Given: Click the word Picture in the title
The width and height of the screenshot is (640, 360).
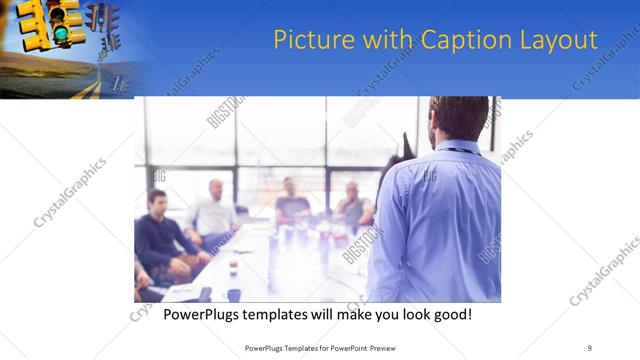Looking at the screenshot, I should pyautogui.click(x=306, y=41).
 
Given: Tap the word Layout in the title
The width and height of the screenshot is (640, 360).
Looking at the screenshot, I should pyautogui.click(x=557, y=41).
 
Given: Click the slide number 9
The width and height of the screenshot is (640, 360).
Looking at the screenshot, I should pyautogui.click(x=590, y=347).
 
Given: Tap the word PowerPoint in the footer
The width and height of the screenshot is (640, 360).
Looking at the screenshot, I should pyautogui.click(x=347, y=347).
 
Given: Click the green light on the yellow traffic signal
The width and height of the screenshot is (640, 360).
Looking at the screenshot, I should pyautogui.click(x=61, y=34).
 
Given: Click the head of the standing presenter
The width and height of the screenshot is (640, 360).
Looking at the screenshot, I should pyautogui.click(x=460, y=118).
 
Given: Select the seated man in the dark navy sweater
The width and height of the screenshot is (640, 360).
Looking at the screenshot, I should pyautogui.click(x=160, y=236).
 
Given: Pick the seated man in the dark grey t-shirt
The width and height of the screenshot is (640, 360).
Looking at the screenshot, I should pyautogui.click(x=291, y=205).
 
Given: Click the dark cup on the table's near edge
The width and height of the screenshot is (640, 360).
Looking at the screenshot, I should pyautogui.click(x=234, y=294).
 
